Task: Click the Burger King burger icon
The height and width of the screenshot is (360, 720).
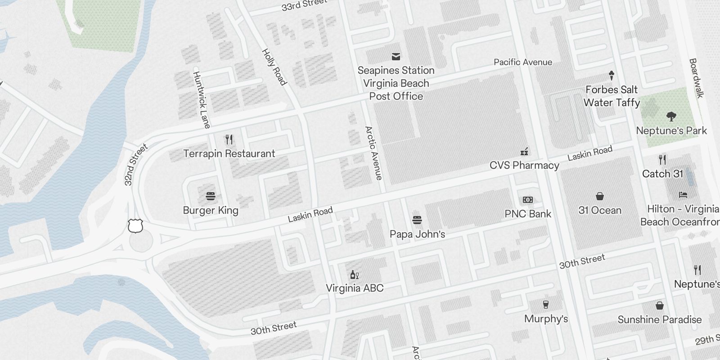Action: [x=211, y=196]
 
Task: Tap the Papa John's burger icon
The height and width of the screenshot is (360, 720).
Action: [x=417, y=220]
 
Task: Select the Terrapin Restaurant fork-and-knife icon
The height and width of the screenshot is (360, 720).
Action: [x=229, y=139]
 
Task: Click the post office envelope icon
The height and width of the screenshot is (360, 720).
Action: [x=396, y=56]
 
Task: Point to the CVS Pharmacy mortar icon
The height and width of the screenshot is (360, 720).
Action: [x=524, y=151]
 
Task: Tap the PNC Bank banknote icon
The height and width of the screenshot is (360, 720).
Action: [x=528, y=200]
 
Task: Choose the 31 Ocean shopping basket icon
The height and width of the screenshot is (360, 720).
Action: [x=600, y=196]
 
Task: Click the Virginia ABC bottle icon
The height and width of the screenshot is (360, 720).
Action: [x=355, y=274]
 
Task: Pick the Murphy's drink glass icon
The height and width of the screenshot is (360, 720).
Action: [x=546, y=305]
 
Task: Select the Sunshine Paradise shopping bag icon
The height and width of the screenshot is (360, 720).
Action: [x=660, y=306]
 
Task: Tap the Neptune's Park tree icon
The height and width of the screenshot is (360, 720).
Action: [x=671, y=117]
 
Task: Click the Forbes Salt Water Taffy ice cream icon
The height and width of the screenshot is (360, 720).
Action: [x=612, y=75]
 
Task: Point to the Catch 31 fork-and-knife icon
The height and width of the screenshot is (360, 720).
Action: [x=662, y=159]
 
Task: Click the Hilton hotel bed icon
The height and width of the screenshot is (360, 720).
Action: [x=683, y=195]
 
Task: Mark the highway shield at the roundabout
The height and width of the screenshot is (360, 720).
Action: [x=135, y=225]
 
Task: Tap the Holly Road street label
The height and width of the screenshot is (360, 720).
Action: [x=274, y=67]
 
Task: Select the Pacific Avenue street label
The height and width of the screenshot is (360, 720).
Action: [x=523, y=62]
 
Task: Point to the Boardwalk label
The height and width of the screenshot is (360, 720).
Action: [x=696, y=78]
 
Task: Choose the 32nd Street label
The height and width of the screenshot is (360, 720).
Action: [x=136, y=165]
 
